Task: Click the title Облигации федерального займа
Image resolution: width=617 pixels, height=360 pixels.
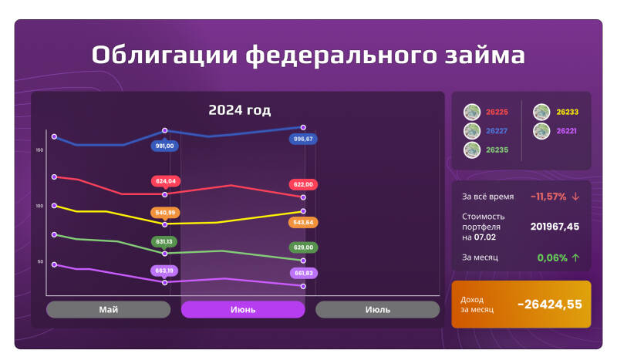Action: (308, 56)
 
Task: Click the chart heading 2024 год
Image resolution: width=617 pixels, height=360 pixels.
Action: (239, 110)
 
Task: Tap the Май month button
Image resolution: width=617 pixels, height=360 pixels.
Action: (108, 309)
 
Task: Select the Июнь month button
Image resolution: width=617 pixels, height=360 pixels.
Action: (243, 309)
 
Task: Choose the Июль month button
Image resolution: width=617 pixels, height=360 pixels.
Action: (377, 309)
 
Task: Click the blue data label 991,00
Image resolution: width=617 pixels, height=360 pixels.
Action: (165, 146)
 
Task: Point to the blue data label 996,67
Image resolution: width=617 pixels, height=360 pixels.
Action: (303, 139)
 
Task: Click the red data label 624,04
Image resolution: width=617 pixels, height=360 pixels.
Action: (166, 181)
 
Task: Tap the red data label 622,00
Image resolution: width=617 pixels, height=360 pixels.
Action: (303, 184)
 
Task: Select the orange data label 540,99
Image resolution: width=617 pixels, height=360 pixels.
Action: (166, 212)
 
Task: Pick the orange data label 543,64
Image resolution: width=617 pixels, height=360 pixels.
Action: (303, 222)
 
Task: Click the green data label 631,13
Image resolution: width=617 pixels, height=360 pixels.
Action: (166, 241)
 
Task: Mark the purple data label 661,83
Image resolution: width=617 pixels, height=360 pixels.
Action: (303, 273)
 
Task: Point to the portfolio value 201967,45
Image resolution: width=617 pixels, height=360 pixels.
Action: (555, 227)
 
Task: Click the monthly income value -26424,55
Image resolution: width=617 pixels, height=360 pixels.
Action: (549, 304)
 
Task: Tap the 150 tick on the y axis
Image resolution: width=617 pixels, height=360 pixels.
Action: (39, 150)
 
